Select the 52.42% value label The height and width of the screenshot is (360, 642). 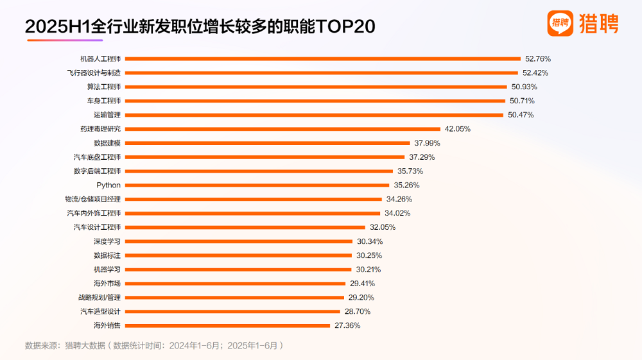535,73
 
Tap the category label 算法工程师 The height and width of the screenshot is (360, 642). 103,87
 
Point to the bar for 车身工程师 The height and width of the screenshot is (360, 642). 315,101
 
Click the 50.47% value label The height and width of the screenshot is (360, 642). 520,115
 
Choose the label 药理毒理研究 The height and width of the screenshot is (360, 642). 100,129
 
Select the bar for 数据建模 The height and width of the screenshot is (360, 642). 266,143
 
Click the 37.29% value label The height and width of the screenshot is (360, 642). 422,157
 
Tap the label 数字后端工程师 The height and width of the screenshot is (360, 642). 97,171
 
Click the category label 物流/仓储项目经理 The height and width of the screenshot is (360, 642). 92,200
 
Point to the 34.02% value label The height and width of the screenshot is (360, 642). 397,213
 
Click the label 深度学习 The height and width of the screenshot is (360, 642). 107,241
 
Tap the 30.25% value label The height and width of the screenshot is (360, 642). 369,255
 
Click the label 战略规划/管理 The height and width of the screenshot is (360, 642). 99,298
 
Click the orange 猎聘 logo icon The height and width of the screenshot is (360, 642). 560,24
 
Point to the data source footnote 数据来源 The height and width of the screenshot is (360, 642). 153,345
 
